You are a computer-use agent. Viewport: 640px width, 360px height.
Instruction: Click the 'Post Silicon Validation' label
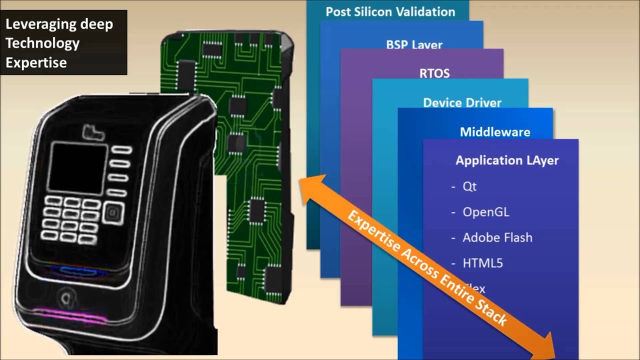click(390, 12)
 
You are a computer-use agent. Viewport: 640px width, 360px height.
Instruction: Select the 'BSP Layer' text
click(414, 44)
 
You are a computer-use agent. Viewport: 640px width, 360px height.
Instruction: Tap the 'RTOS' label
click(434, 73)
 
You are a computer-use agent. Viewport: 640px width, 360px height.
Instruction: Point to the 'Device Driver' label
click(462, 102)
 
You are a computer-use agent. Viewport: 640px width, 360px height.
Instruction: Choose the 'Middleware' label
click(495, 132)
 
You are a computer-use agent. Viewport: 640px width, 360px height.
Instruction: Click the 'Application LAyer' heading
click(507, 160)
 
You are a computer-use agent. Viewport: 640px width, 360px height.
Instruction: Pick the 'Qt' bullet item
click(469, 186)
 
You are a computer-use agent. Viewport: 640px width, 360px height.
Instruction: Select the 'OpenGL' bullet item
click(485, 212)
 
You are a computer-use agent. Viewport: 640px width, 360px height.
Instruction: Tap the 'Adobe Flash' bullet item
click(497, 237)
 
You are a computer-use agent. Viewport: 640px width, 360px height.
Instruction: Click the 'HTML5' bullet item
click(482, 263)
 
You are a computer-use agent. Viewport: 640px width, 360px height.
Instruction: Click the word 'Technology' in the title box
click(42, 43)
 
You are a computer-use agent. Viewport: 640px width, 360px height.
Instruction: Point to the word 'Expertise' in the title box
click(36, 62)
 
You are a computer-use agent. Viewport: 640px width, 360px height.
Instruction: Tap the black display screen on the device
click(77, 168)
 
